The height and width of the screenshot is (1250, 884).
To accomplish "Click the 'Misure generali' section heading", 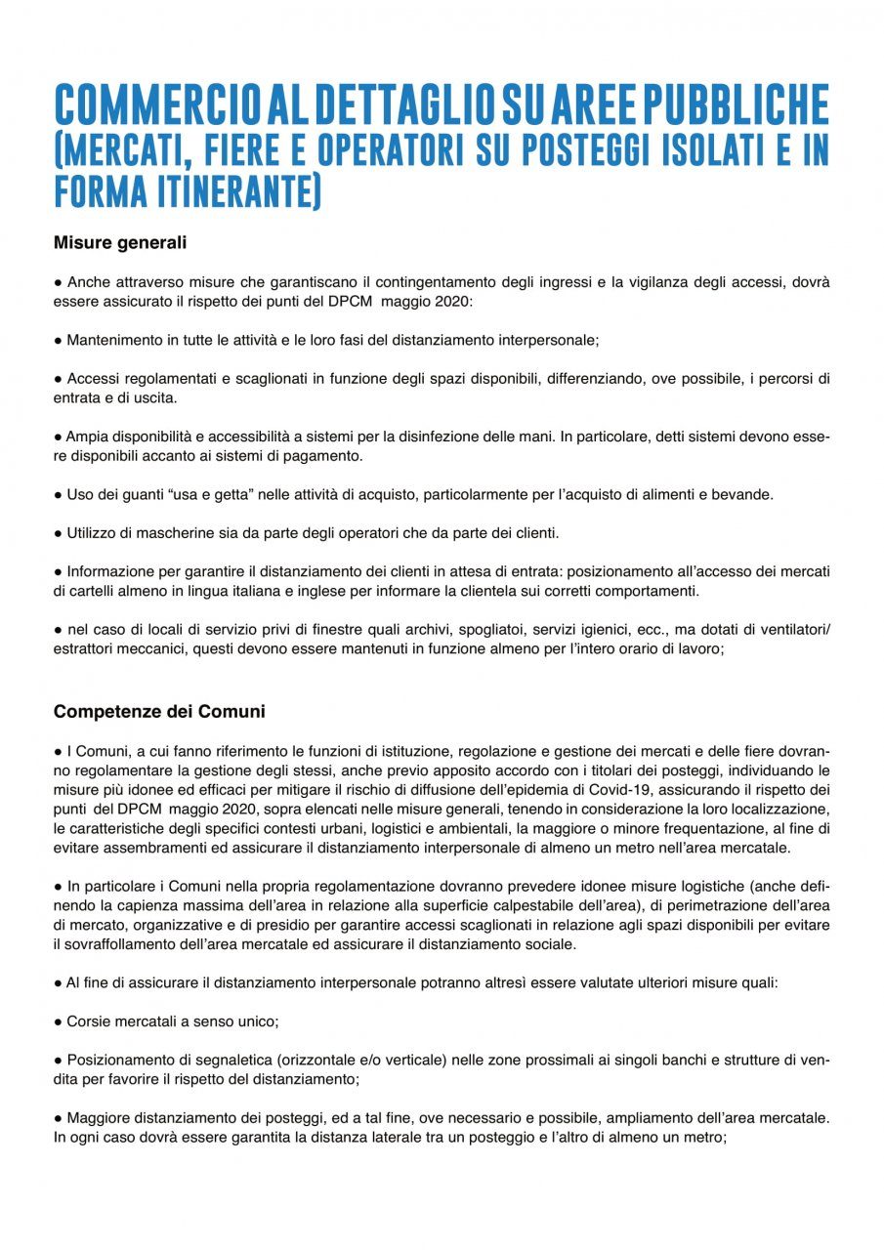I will point(120,242).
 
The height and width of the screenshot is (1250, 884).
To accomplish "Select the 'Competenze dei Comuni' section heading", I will point(159,712).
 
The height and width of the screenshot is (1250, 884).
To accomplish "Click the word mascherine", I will point(177,532).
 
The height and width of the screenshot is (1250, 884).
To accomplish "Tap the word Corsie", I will point(88,1021).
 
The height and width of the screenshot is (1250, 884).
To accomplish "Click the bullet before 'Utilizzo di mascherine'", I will point(58,533).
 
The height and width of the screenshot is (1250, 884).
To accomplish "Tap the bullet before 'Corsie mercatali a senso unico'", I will point(58,1021).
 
